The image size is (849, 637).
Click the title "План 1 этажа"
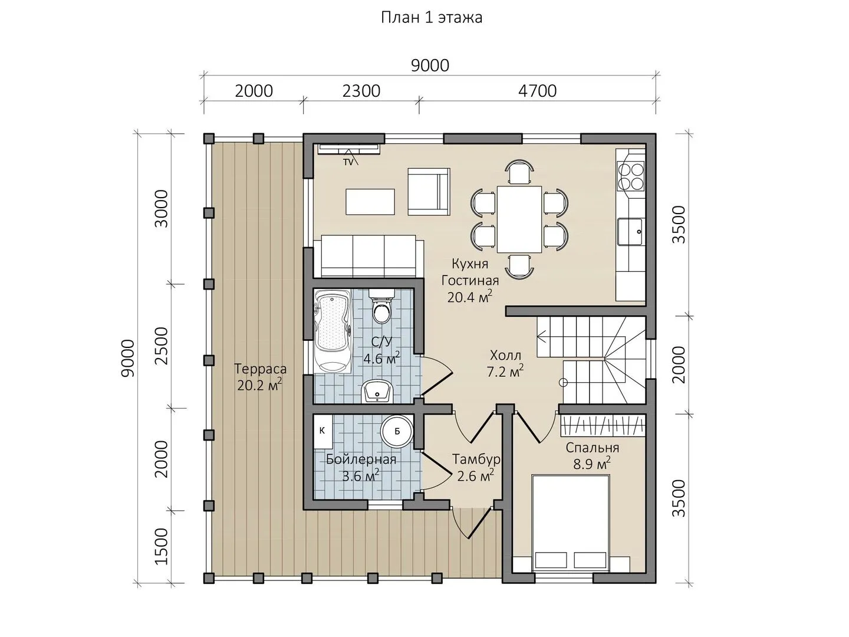click(432, 18)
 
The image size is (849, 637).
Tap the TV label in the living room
click(348, 162)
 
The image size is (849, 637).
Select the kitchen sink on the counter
click(630, 232)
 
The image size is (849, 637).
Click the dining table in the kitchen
click(519, 219)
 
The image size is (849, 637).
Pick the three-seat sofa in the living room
click(368, 257)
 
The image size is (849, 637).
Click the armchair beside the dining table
click(429, 192)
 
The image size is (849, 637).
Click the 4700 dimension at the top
click(537, 91)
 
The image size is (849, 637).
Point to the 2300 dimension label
click(361, 91)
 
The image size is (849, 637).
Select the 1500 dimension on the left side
click(162, 547)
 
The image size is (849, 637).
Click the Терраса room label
click(261, 369)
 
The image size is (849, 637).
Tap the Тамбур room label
click(476, 459)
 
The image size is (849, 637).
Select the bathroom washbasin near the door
click(377, 392)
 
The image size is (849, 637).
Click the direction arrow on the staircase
click(541, 336)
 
